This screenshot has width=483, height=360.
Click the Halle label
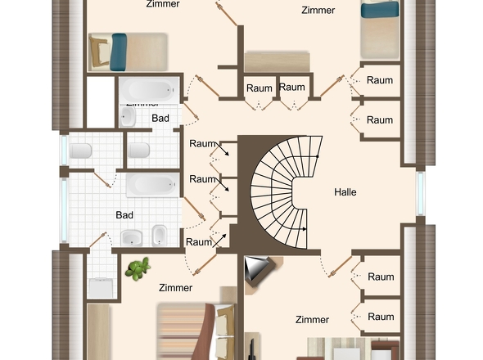coord(345,192)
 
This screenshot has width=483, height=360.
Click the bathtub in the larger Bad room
coord(151,184)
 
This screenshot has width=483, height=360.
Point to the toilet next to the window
coord(81,151)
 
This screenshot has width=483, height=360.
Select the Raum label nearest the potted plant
coord(199,241)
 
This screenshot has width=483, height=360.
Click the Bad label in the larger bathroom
coord(124,215)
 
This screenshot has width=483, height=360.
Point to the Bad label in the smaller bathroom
coord(160,119)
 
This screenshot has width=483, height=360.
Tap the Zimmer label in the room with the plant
coord(175,288)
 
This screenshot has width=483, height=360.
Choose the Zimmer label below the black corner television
coord(312,320)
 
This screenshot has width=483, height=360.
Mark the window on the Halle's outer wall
coord(422,194)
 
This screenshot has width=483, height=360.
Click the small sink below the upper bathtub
coord(129,117)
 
